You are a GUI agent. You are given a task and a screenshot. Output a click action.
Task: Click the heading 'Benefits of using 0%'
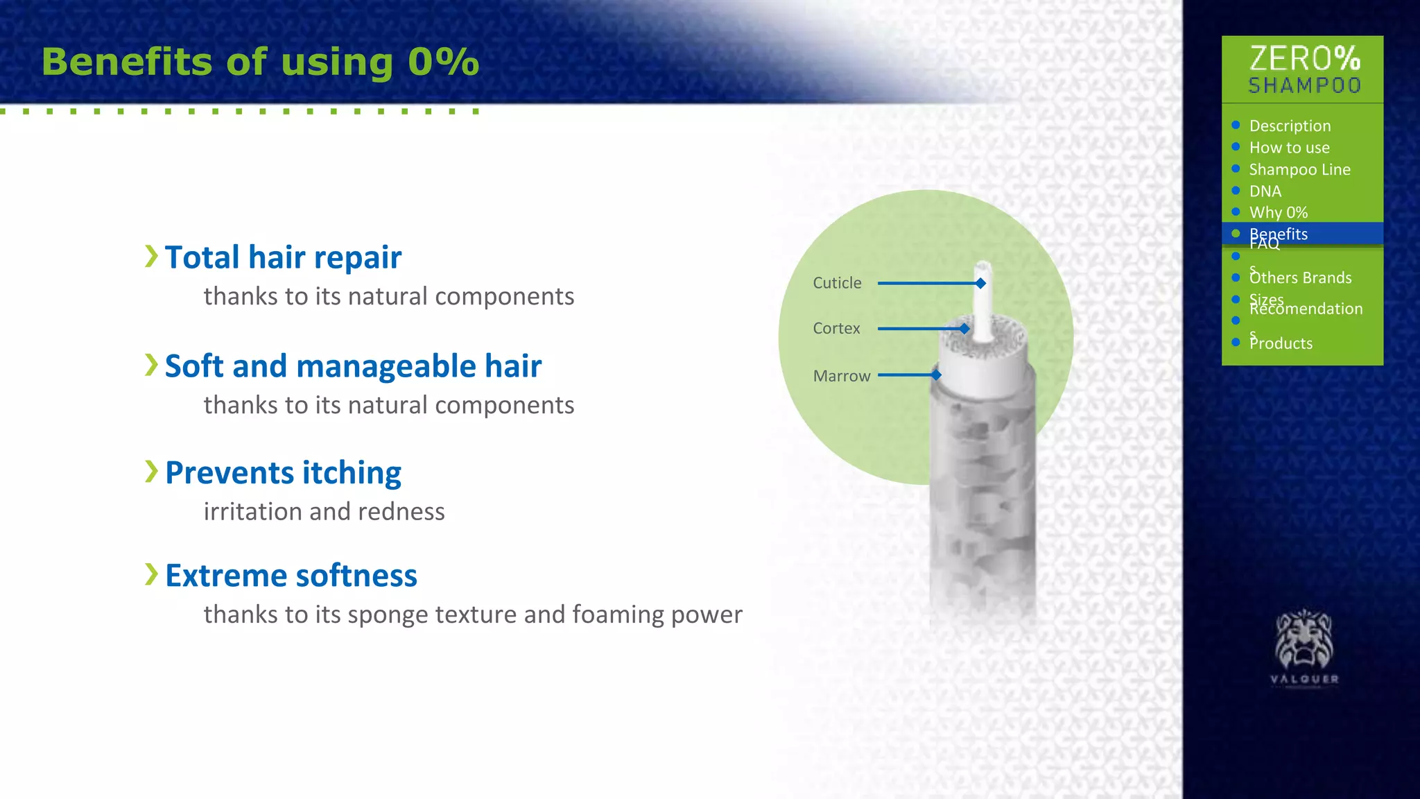(260, 62)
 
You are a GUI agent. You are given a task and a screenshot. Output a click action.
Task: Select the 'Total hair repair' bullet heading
(283, 257)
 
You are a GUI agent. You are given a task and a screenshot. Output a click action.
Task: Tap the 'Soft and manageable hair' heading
(353, 366)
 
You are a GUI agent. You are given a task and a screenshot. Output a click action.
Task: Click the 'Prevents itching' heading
(283, 473)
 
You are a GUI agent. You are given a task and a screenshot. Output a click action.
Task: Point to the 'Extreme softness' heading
(291, 576)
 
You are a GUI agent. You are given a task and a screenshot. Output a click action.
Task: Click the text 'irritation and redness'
(324, 512)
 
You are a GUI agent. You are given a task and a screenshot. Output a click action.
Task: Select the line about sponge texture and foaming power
(473, 615)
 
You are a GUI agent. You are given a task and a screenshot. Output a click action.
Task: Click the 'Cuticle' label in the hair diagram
(837, 283)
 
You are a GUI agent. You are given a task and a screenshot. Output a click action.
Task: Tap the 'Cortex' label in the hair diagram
(836, 328)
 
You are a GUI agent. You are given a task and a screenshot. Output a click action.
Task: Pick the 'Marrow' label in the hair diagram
(841, 376)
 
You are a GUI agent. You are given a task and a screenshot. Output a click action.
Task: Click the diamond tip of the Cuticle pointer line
(980, 283)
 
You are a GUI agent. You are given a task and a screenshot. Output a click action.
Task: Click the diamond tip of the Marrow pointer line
(936, 375)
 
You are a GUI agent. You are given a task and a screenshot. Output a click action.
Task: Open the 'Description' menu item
(1290, 126)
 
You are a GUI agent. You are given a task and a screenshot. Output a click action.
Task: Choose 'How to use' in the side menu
(1289, 148)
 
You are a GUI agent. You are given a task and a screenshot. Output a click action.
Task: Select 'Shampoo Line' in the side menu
(1299, 170)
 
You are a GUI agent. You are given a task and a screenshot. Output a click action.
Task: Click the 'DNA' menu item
(1265, 191)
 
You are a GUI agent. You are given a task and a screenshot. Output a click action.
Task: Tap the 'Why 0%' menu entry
(1278, 213)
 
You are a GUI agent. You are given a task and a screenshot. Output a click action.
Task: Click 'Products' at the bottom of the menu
(1281, 343)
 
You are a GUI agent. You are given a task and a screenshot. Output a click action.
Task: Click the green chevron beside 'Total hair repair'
(151, 256)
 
